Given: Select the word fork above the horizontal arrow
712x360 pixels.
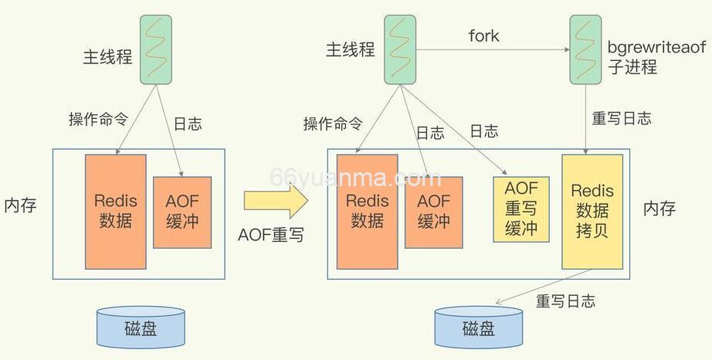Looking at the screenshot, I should pyautogui.click(x=483, y=36).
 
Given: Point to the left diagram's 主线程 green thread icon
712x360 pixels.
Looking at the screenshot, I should pyautogui.click(x=155, y=51).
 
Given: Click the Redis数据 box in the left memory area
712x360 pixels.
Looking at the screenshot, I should pyautogui.click(x=116, y=210).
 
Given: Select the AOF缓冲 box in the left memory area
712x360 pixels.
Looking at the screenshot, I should pyautogui.click(x=182, y=212).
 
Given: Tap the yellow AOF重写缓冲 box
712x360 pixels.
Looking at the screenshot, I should pyautogui.click(x=520, y=209).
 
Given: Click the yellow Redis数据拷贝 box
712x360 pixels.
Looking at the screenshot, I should pyautogui.click(x=592, y=211).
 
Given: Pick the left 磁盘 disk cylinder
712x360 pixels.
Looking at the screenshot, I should pyautogui.click(x=141, y=328).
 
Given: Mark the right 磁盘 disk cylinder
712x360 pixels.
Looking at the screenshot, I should pyautogui.click(x=479, y=328).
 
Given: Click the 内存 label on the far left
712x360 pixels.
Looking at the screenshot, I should pyautogui.click(x=20, y=206).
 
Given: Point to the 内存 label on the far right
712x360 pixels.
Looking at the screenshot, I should pyautogui.click(x=659, y=209).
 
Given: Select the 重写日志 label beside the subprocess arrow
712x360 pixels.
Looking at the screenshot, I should pyautogui.click(x=621, y=118).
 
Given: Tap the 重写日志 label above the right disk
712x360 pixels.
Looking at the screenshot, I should pyautogui.click(x=565, y=301).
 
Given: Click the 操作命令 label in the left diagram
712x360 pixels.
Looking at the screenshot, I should pyautogui.click(x=98, y=119).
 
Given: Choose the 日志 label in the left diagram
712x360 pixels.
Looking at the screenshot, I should pyautogui.click(x=188, y=122).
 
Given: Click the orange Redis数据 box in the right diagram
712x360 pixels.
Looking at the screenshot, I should pyautogui.click(x=368, y=210).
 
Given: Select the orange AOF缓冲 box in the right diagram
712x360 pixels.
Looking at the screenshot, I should pyautogui.click(x=434, y=210).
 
